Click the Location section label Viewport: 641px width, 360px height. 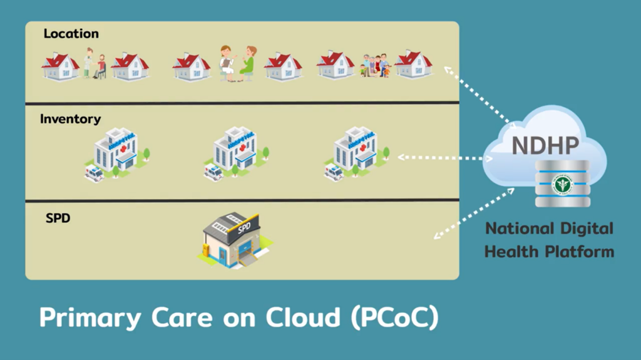(71, 34)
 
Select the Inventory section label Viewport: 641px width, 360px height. (70, 119)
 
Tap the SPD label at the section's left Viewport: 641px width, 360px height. (58, 219)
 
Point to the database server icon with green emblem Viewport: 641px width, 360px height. (562, 183)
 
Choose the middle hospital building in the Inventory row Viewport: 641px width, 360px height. (236, 153)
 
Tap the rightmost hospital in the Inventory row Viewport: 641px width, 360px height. (356, 153)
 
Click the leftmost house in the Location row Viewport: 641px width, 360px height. (60, 66)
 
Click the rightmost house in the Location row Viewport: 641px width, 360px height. (413, 64)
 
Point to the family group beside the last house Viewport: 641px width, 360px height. (375, 66)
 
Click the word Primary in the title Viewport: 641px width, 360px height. (90, 317)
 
